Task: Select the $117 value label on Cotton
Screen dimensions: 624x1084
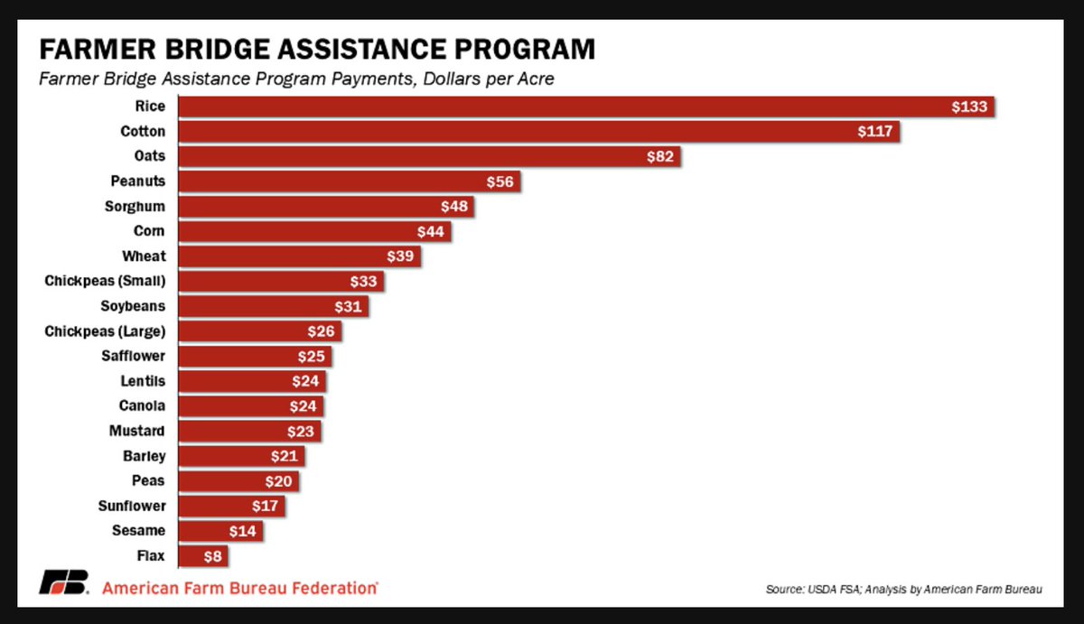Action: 875,132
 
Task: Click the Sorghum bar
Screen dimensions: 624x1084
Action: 325,207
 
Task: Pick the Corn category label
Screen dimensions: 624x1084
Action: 149,231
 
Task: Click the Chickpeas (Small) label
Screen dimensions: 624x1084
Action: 105,281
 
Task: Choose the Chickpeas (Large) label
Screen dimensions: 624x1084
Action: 105,331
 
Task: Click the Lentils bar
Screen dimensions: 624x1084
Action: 252,381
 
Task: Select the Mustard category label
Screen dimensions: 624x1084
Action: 138,432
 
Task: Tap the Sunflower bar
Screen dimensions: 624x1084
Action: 231,507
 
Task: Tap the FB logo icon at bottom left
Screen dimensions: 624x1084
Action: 63,584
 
